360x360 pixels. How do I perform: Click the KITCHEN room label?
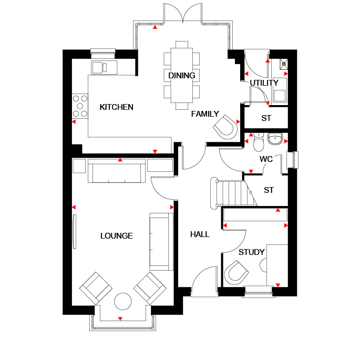(116, 107)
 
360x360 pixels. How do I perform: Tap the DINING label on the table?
(182, 76)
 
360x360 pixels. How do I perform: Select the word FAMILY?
(205, 114)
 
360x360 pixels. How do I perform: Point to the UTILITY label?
(264, 83)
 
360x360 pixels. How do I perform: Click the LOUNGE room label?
(117, 236)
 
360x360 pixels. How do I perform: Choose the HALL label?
(200, 234)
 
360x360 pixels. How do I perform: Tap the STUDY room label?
(252, 252)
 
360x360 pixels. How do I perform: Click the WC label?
(266, 159)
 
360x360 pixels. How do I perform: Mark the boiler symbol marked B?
(284, 64)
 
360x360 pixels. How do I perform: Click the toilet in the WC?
(259, 142)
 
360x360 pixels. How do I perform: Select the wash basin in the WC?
(275, 139)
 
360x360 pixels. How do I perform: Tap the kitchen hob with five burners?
(80, 106)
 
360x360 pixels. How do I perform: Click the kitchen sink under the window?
(104, 67)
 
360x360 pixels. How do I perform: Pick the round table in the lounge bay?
(123, 301)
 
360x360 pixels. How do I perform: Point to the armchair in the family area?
(225, 127)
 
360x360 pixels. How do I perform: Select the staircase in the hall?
(233, 193)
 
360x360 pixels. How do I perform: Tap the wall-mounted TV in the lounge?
(75, 231)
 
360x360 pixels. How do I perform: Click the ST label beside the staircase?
(269, 190)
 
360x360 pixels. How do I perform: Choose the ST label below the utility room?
(266, 118)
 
